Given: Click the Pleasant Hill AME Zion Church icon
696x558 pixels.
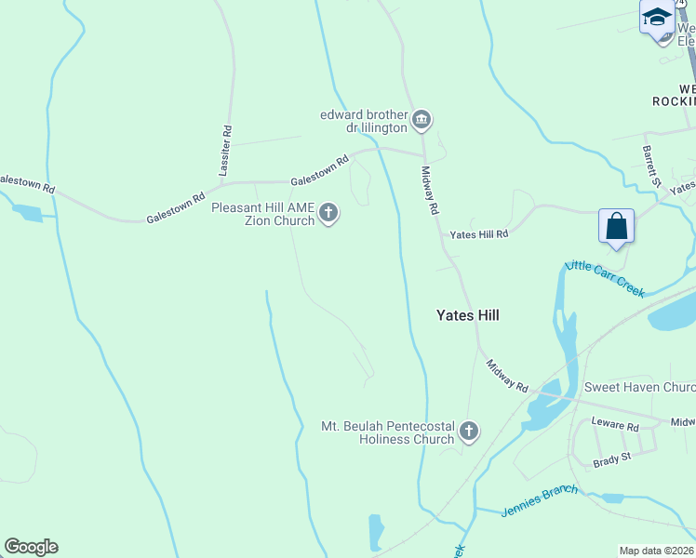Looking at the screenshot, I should point(328,214).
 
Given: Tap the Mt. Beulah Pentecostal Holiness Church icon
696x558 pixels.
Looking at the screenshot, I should point(469,432).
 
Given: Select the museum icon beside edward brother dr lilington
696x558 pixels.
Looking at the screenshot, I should point(422,120).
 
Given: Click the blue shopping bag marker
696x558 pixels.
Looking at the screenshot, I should point(616,226).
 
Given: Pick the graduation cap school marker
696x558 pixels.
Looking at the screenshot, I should point(656,18).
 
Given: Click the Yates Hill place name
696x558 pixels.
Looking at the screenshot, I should point(468,315).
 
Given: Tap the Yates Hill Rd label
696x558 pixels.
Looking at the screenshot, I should point(479,235).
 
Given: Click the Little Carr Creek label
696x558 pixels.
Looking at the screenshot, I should point(605,278).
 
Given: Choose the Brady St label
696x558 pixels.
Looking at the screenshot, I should point(612,457).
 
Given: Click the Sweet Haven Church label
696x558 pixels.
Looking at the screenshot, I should point(639,387).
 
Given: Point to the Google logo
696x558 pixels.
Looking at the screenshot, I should point(31,547).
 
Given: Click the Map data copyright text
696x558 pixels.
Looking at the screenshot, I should point(657,551).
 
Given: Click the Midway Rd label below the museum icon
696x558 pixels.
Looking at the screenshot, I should point(429,190).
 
